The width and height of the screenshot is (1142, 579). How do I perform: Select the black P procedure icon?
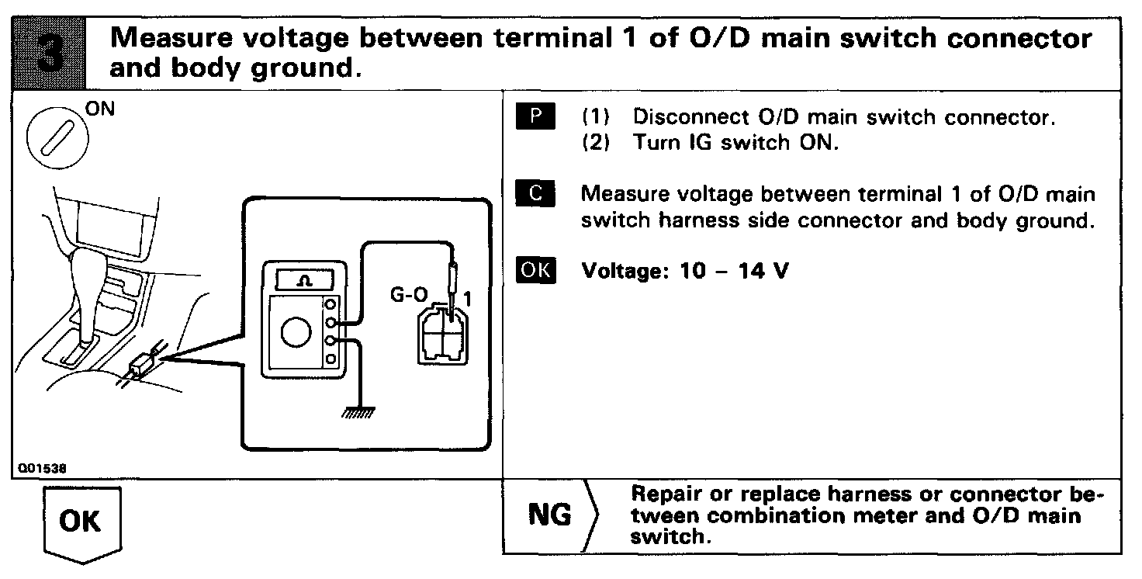click(535, 117)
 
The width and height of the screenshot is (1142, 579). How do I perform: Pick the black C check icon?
click(535, 193)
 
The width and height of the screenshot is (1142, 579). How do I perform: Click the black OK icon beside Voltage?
click(535, 271)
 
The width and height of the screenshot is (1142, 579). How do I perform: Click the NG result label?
click(549, 515)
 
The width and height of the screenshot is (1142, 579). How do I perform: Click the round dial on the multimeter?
click(295, 333)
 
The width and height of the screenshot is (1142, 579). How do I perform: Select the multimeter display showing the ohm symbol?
click(306, 279)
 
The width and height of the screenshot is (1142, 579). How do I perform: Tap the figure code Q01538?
click(43, 469)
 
